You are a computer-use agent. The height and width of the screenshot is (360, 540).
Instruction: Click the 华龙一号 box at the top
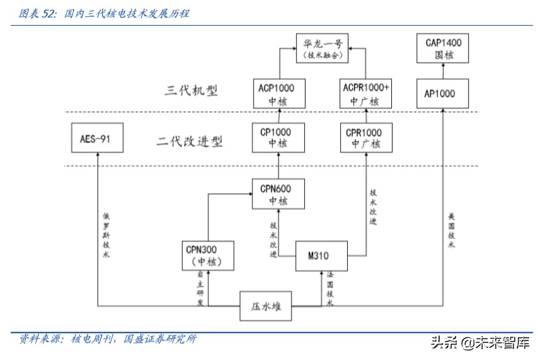pos(321,49)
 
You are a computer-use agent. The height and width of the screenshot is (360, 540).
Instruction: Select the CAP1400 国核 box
pos(443,49)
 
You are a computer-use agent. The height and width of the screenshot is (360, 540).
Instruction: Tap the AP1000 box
pos(443,94)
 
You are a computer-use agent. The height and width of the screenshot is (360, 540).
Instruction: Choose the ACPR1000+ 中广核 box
pos(367,94)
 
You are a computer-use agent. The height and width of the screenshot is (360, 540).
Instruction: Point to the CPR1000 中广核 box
pos(364,138)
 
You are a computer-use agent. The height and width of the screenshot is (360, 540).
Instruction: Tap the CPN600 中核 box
pos(277,194)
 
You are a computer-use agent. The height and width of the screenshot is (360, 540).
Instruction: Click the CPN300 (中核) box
pos(207,255)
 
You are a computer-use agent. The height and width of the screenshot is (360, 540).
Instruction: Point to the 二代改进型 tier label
pos(190,141)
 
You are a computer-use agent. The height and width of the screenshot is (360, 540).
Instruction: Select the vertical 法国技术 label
pos(330,289)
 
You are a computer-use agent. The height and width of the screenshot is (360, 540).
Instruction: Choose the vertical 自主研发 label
pos(200,289)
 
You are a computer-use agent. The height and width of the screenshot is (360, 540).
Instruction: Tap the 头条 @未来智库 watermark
pos(480,343)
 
